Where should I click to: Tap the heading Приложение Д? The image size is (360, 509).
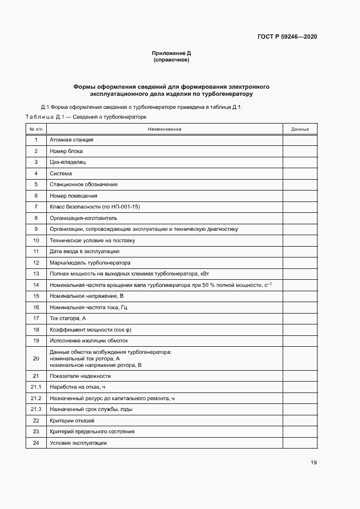pos(172,53)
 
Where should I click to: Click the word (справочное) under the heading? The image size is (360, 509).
pos(172,60)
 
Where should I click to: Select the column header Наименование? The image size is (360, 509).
pos(164,129)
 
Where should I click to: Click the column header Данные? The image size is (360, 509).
pos(300,129)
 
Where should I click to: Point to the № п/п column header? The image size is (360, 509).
pos(36,129)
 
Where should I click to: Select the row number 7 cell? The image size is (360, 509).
pos(36,207)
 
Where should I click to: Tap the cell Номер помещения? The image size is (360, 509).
pos(74,195)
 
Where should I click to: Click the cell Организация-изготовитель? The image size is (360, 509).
pos(83,218)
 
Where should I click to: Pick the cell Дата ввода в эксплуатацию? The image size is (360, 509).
pos(84,252)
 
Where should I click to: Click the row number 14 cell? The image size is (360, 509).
pos(36,285)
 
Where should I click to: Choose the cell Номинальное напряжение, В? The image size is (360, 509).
pos(87,296)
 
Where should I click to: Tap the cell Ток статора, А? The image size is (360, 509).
pos(68,318)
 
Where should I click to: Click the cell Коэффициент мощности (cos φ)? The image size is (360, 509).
pos(90,329)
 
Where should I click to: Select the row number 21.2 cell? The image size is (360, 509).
pos(36,398)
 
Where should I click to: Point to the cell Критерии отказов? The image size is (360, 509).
pos(72,421)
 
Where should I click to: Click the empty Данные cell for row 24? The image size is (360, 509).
pos(300,443)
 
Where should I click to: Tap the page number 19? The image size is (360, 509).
pos(314,463)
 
